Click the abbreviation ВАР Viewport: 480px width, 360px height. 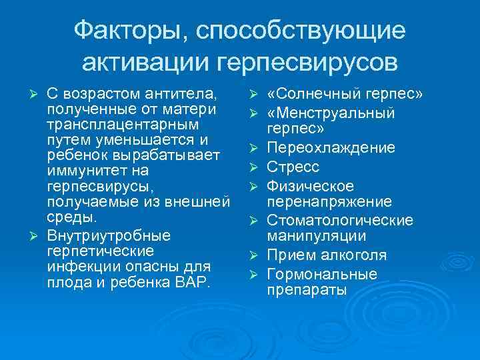coord(193,283)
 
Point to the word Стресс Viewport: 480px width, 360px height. coord(293,167)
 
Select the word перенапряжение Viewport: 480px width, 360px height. coord(329,201)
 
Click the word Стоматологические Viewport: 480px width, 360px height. coord(340,220)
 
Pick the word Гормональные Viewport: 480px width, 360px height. coord(321,274)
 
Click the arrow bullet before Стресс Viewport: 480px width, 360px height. coord(253,167)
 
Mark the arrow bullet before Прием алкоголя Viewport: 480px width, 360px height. coord(253,255)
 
